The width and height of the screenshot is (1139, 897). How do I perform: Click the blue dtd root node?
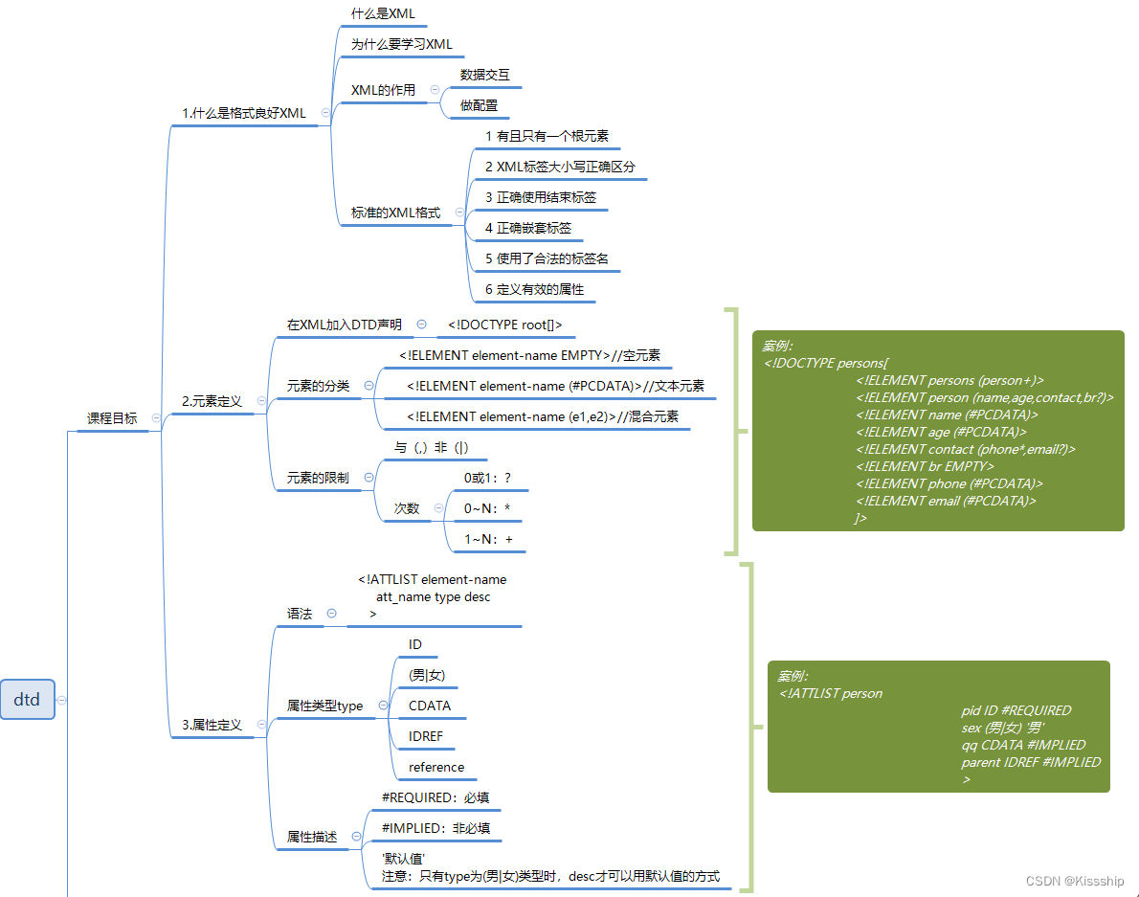pos(27,700)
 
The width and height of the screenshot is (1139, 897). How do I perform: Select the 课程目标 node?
pos(112,418)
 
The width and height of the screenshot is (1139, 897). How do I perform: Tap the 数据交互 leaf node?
pos(484,75)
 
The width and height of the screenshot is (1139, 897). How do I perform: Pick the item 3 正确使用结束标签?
pos(540,197)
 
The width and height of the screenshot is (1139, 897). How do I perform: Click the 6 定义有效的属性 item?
pos(534,289)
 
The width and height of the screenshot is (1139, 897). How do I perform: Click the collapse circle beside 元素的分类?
pos(369,386)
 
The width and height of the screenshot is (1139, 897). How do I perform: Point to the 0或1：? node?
pos(487,478)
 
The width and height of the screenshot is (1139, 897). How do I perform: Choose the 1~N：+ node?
pos(488,540)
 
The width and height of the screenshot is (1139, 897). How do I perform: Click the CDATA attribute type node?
pos(429,706)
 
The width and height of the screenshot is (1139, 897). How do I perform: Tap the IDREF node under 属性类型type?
pos(425,736)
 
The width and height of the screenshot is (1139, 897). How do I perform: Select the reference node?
pos(435,767)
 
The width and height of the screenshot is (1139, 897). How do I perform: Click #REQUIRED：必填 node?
pos(435,797)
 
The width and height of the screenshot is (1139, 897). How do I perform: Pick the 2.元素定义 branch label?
pos(212,402)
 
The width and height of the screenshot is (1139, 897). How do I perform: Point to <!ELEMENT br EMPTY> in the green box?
pos(925,466)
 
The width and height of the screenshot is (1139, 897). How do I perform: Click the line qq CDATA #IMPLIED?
pos(1023,745)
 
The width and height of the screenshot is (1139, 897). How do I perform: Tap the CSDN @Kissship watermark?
pos(1075,881)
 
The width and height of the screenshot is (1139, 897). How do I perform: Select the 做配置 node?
pos(479,105)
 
